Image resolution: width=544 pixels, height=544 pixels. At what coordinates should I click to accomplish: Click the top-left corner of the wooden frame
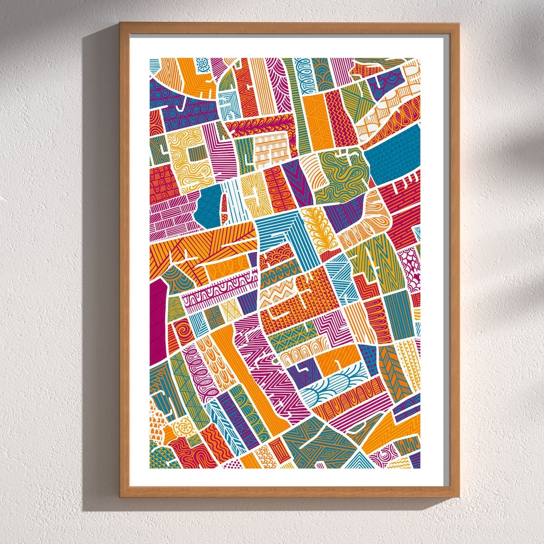[x=121, y=24]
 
